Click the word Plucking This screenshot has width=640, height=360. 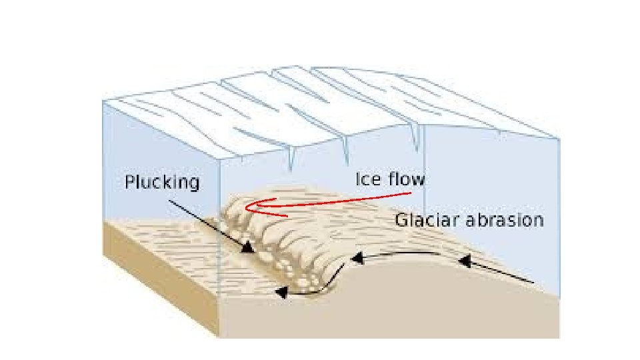tap(162, 182)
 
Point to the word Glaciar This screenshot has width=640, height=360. tap(425, 220)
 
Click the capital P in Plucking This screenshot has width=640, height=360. tap(129, 182)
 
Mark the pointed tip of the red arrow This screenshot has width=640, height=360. tap(246, 207)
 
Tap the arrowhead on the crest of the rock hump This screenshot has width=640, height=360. tap(357, 256)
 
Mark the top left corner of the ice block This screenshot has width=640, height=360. tap(103, 101)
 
